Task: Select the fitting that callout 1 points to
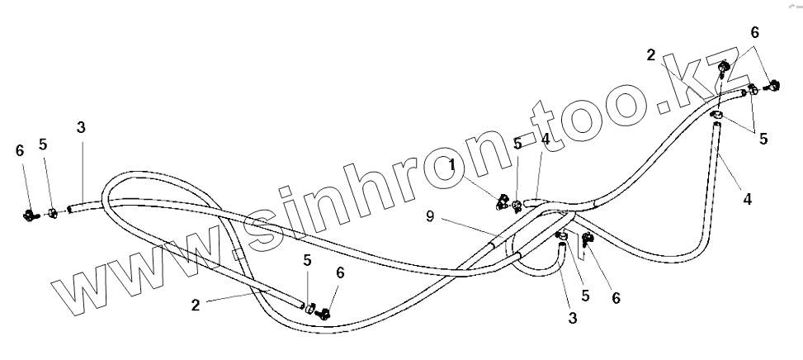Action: tap(503, 201)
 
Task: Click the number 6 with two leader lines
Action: tap(753, 32)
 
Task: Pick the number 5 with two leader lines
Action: tap(763, 139)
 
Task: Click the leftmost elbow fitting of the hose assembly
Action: tap(31, 216)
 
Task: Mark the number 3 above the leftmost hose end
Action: tap(80, 127)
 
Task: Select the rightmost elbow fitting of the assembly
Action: tap(773, 84)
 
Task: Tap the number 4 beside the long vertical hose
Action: tap(747, 200)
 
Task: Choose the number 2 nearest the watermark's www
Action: tap(195, 305)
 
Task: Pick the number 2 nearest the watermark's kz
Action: tap(650, 56)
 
